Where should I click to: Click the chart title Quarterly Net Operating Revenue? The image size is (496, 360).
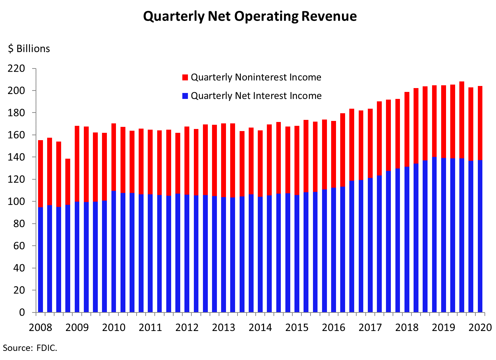pyautogui.click(x=250, y=16)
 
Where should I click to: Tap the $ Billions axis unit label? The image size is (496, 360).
pyautogui.click(x=29, y=49)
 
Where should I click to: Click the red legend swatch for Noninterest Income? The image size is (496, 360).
pyautogui.click(x=185, y=77)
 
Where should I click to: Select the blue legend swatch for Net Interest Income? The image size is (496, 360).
pyautogui.click(x=185, y=96)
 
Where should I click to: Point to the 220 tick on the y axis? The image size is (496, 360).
pyautogui.click(x=17, y=69)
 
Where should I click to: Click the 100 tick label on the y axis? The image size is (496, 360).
pyautogui.click(x=17, y=202)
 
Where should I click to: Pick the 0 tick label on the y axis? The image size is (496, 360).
pyautogui.click(x=22, y=312)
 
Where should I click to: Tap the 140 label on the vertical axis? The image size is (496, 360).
pyautogui.click(x=17, y=157)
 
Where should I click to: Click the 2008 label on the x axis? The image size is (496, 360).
pyautogui.click(x=41, y=328)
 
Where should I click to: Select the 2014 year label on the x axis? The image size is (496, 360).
pyautogui.click(x=260, y=328)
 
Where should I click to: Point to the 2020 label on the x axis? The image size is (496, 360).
pyautogui.click(x=480, y=328)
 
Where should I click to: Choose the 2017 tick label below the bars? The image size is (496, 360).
pyautogui.click(x=370, y=328)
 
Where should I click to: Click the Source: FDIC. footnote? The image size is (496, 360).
pyautogui.click(x=30, y=348)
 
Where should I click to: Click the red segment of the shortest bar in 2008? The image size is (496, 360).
pyautogui.click(x=68, y=182)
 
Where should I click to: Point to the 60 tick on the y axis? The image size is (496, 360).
pyautogui.click(x=20, y=246)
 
